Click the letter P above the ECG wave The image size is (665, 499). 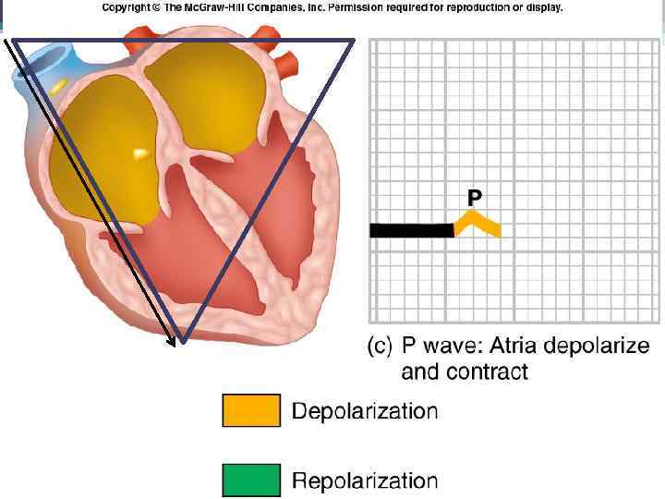474,197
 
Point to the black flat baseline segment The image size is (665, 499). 411,230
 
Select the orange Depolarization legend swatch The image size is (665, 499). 250,410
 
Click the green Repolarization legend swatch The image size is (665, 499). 250,481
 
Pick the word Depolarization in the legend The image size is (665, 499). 365,410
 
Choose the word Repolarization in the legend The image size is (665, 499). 365,481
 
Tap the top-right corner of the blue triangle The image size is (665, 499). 355,40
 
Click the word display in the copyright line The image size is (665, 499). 542,7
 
